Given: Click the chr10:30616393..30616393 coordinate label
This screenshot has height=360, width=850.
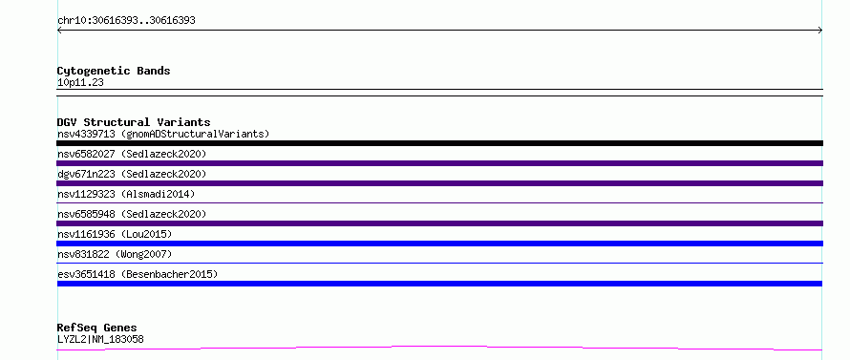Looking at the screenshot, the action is click(126, 21).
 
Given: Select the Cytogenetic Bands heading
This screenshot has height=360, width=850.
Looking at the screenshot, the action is click(114, 71).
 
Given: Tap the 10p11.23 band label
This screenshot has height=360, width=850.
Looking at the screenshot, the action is click(80, 83).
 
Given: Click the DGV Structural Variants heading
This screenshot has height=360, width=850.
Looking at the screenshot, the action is click(134, 122).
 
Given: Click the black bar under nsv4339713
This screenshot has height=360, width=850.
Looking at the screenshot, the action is click(439, 143).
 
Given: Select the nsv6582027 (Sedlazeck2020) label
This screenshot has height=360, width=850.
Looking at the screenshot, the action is click(132, 154).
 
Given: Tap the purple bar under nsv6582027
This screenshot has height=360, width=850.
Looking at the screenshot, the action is click(439, 163).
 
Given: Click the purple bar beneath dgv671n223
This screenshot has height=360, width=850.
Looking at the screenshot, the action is click(439, 183).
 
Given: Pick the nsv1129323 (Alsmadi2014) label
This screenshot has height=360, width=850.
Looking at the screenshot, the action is click(126, 194).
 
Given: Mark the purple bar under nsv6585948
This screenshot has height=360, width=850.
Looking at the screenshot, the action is click(439, 223).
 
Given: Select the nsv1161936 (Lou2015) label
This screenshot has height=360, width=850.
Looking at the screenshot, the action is click(115, 234).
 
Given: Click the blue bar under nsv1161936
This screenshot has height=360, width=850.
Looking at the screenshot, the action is click(439, 244).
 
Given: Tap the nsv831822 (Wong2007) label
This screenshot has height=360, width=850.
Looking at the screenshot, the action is click(115, 254).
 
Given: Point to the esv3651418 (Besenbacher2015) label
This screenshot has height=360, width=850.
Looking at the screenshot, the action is click(138, 274).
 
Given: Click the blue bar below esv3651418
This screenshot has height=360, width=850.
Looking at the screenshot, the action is click(439, 284).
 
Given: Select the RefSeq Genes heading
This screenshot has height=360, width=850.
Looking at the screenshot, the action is click(97, 328).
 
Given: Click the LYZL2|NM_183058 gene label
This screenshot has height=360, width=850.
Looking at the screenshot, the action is click(100, 339).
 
